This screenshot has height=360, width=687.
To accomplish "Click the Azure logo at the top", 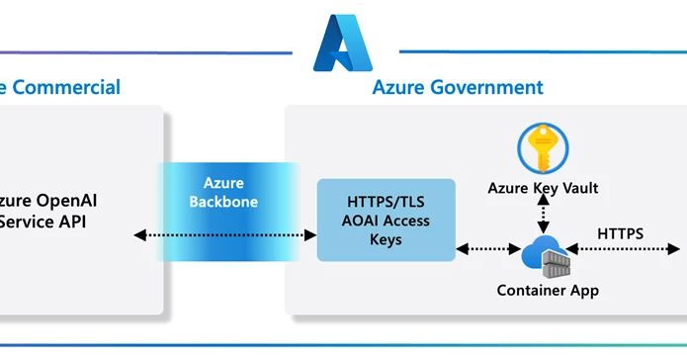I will [342, 44].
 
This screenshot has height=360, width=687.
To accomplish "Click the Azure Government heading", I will [457, 87].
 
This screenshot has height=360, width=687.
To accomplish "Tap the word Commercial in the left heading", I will [66, 87].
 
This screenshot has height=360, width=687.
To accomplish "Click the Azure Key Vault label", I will [543, 188].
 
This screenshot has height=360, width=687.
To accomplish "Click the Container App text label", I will [547, 291].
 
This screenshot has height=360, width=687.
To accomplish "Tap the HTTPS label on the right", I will [620, 234].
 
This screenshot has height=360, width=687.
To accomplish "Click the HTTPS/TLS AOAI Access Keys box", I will [386, 220].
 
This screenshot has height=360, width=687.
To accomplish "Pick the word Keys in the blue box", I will [386, 238].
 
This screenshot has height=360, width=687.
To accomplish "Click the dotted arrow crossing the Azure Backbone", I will [224, 235].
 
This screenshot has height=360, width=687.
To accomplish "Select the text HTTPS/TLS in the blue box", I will [386, 200].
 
